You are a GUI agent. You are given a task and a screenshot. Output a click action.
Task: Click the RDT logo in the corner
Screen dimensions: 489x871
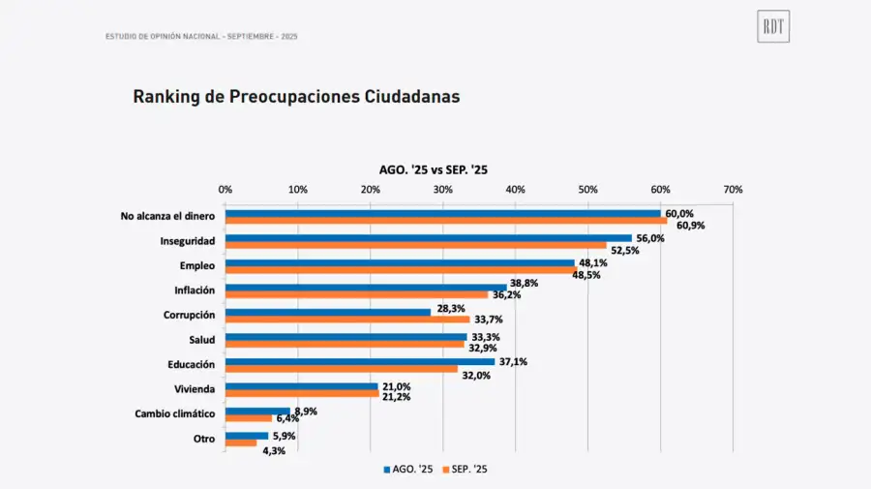[773, 28]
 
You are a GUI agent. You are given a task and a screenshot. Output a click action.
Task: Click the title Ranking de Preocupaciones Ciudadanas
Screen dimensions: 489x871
[295, 97]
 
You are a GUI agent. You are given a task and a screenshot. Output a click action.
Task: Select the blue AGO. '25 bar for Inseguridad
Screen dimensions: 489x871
[428, 238]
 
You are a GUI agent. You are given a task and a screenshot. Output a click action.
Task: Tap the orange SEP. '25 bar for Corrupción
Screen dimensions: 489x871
[347, 320]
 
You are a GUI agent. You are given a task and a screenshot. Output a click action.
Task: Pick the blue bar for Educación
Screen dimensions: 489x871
[359, 361]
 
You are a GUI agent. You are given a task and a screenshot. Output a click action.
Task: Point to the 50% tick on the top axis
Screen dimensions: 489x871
[587, 190]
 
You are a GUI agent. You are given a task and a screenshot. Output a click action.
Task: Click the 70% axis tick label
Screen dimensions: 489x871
[733, 190]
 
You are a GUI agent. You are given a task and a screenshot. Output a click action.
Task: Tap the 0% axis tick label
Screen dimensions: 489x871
[225, 190]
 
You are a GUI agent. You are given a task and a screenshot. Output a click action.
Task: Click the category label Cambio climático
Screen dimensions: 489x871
[174, 413]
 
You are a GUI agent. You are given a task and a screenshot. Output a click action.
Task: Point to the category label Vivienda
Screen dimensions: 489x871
[194, 389]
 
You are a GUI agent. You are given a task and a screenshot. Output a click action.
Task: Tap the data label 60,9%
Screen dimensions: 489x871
[691, 226]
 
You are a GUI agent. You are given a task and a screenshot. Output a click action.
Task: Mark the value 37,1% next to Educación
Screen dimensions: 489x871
[511, 361]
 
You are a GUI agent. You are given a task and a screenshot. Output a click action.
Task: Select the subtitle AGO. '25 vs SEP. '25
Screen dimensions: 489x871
[433, 169]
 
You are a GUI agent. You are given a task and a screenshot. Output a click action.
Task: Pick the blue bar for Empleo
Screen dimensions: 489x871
[399, 262]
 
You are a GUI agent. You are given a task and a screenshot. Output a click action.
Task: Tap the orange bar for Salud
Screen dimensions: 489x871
[345, 344]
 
